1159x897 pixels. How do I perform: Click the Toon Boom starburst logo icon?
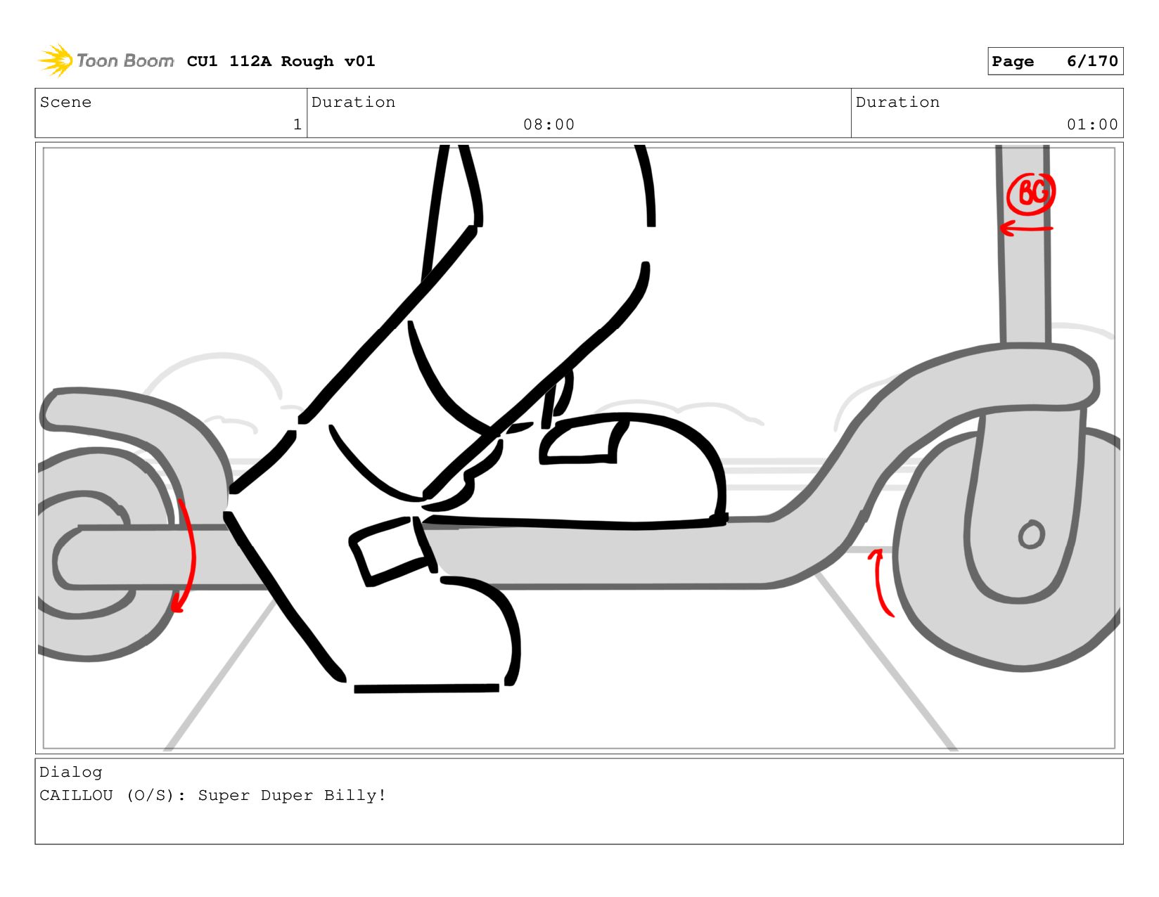point(56,60)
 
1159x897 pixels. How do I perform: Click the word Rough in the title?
point(307,61)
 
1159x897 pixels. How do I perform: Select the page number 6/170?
point(1091,61)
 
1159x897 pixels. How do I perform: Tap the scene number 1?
point(297,124)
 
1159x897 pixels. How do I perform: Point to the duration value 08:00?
point(549,124)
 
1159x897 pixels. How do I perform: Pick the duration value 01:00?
point(1091,124)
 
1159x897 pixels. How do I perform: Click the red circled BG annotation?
point(1030,193)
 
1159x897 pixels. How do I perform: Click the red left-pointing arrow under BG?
point(1025,229)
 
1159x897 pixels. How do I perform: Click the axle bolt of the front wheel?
point(1031,534)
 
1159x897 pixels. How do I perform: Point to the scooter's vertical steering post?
point(1023,244)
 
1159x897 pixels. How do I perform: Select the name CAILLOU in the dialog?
point(76,795)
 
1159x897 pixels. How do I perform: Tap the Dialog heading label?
point(70,773)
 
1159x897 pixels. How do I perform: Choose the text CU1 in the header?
point(202,61)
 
